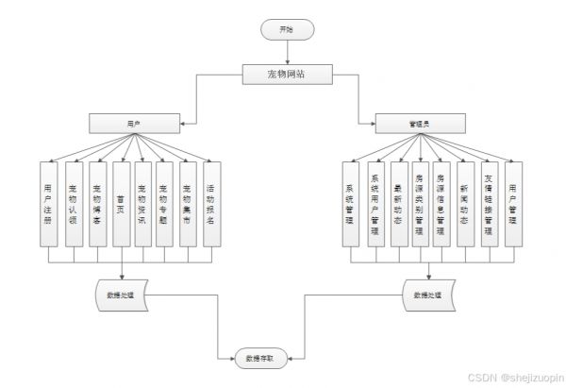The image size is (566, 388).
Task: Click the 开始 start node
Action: (286, 30)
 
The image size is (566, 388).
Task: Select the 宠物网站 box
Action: (286, 74)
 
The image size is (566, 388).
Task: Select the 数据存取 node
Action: (260, 359)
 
